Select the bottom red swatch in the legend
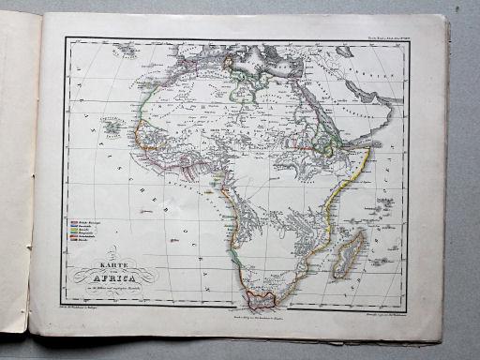(75, 242)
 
